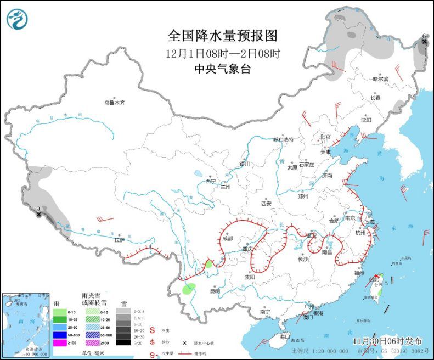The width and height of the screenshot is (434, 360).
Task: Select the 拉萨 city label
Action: coord(120,239)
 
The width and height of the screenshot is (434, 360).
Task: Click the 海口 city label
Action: coord(284,336)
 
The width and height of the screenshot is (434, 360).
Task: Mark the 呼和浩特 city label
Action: coord(284,139)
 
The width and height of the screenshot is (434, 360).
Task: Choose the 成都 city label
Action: coord(228,239)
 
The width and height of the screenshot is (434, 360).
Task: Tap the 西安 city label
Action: coord(266,203)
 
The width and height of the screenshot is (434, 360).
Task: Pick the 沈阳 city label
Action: coord(365,119)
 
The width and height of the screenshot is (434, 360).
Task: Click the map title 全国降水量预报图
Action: coord(222,36)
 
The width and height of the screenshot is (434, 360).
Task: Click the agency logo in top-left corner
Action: coord(18,20)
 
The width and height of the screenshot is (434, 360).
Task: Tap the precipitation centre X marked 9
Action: coord(38,215)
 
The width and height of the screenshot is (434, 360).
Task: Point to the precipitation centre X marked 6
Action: coord(424,42)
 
